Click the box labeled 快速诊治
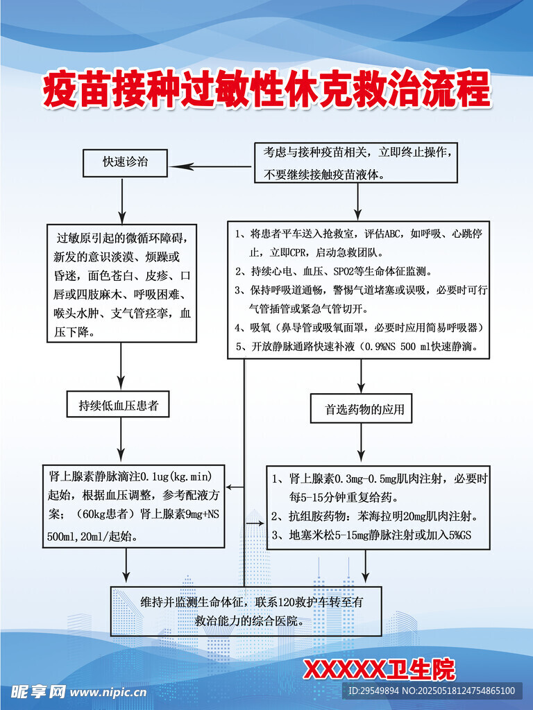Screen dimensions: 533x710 coord(125,163)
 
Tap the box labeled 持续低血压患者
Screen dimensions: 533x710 coord(118,404)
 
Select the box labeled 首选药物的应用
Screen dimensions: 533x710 coord(361,408)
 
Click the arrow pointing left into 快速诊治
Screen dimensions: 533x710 coord(210,166)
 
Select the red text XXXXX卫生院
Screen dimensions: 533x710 coord(379,669)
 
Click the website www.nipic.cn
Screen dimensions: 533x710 coord(108,692)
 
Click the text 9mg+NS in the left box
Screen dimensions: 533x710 coord(202,514)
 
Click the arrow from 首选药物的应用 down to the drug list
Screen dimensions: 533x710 coord(361,442)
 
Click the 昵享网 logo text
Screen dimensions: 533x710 coord(38,692)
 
